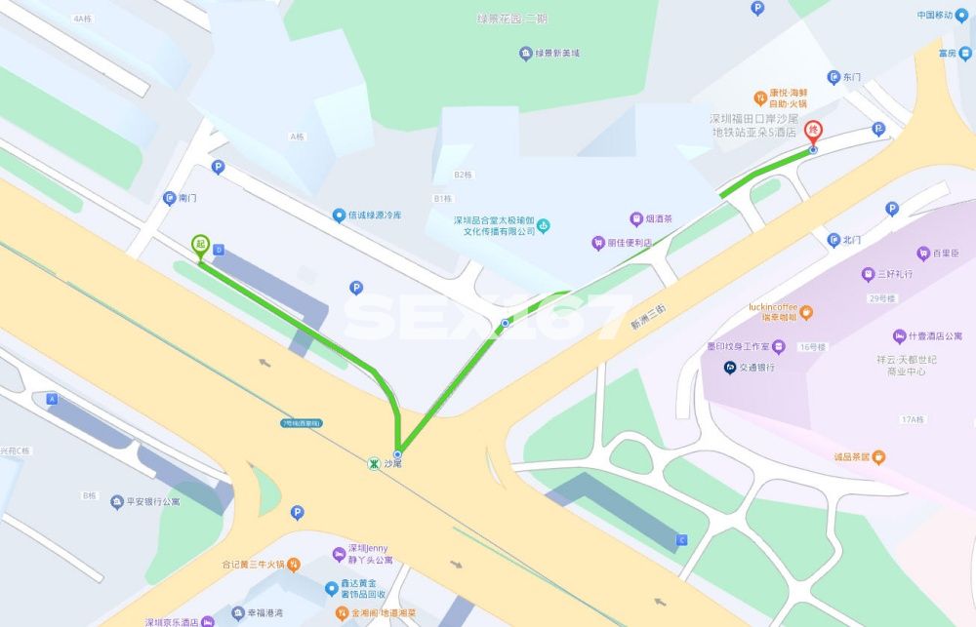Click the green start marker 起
(200, 245)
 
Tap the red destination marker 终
(813, 133)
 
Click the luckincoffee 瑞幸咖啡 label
(772, 310)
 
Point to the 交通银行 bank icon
(729, 368)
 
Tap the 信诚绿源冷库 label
(375, 216)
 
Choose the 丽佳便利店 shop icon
(598, 243)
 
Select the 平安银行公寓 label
(160, 502)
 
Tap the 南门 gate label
(186, 198)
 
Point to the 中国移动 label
(934, 15)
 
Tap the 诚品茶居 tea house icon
(879, 456)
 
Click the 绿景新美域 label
(557, 53)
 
